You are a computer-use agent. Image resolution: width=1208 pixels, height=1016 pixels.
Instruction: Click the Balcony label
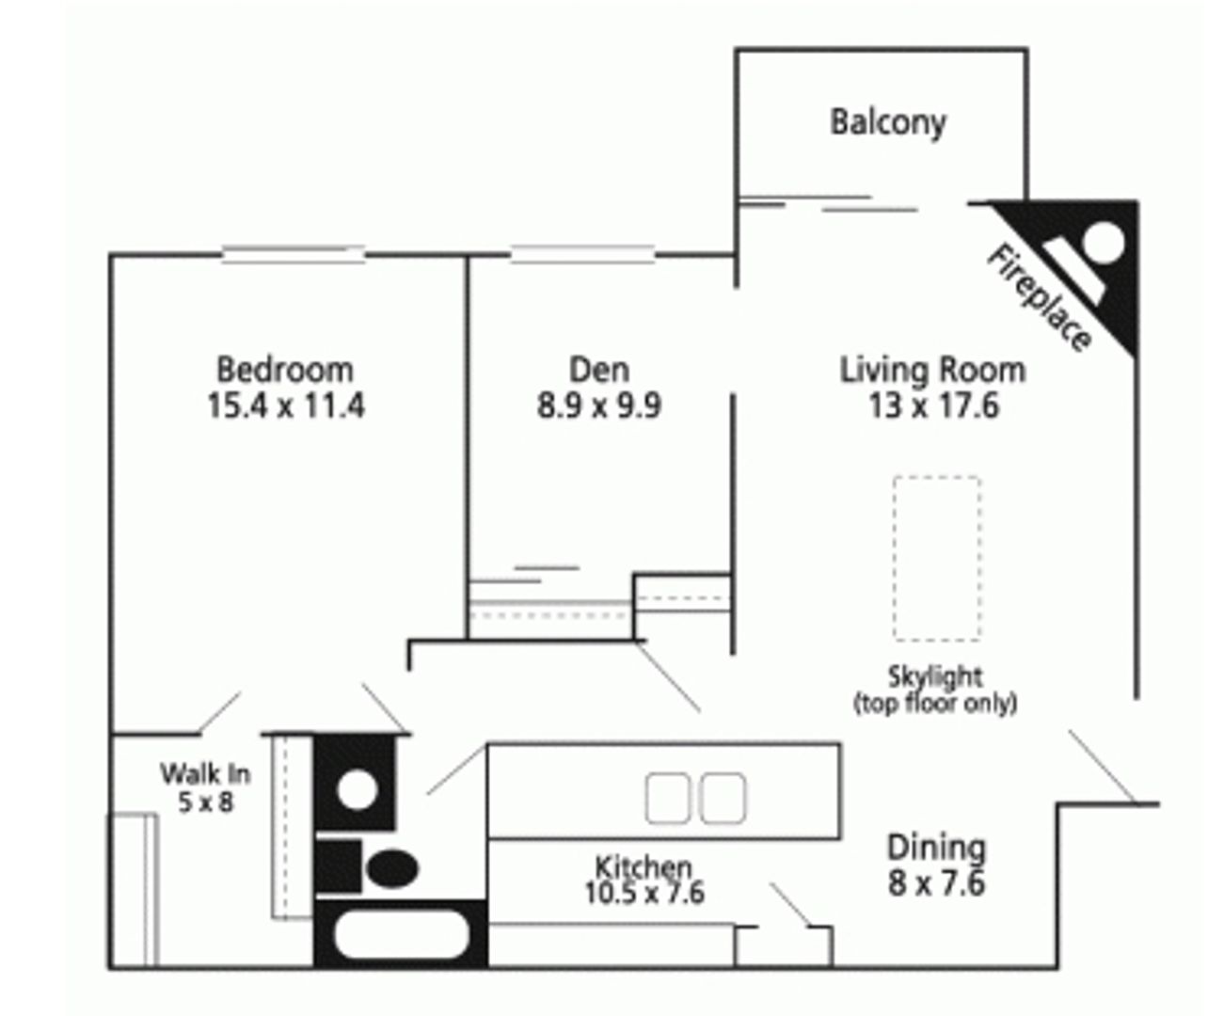coord(887,121)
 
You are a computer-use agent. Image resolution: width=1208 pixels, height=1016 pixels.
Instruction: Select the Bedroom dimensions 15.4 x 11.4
coord(286,405)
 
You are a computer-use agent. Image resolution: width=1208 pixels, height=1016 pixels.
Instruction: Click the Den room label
coord(599,369)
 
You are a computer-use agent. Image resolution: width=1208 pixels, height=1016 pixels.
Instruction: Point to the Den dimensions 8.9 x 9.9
coord(599,405)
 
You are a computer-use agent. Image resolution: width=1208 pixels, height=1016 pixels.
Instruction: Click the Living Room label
coord(932,369)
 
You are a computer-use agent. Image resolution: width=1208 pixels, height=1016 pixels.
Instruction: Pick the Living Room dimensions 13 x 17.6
coord(933,405)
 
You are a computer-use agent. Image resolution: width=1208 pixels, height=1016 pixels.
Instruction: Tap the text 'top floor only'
coord(935,703)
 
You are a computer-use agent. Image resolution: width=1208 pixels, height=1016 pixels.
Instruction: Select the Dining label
coord(936,847)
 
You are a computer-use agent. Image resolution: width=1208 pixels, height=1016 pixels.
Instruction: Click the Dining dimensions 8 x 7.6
coord(936,883)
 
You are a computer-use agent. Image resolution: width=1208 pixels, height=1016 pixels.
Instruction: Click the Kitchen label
coord(644,865)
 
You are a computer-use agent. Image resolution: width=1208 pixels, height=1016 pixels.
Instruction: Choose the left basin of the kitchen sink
coord(668,798)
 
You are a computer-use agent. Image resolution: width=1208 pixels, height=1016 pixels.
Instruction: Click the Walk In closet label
coord(205,773)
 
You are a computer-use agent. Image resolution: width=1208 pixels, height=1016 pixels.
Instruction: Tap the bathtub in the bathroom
coord(401,936)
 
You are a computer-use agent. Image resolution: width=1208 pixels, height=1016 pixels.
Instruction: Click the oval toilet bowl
coord(392,867)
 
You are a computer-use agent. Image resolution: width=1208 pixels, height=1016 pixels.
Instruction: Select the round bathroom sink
coord(357,789)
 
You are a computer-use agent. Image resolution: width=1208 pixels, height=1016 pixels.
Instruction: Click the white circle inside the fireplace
coord(1103,243)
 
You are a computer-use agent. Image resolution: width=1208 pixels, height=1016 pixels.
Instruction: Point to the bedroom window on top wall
coord(293,253)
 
